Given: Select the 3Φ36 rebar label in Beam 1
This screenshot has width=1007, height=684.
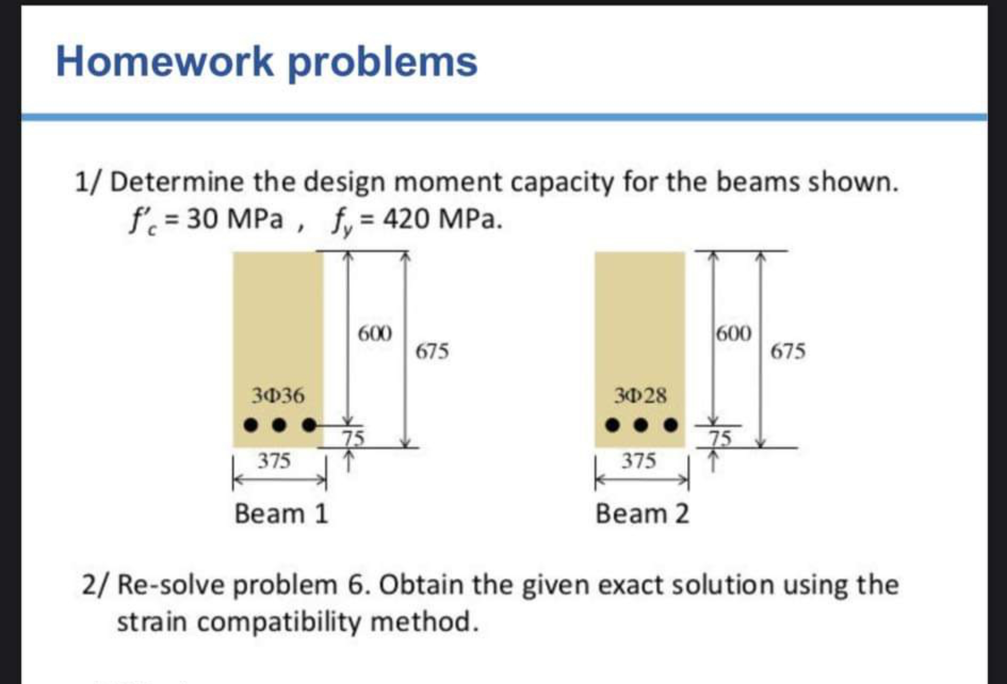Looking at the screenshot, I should click(278, 396).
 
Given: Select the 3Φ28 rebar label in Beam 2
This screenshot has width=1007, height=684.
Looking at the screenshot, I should click(640, 396).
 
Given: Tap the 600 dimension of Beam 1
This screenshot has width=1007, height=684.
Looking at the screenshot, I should click(375, 334).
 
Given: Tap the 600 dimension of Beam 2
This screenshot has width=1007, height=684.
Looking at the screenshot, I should click(733, 334).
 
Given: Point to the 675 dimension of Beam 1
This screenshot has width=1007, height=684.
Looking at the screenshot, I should click(432, 351).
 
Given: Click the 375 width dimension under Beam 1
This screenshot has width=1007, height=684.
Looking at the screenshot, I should click(274, 461).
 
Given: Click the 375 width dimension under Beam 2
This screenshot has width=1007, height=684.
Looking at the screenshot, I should click(639, 461).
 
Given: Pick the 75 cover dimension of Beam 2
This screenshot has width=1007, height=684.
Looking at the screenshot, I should click(721, 438).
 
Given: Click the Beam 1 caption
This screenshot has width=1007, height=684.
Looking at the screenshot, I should click(281, 514).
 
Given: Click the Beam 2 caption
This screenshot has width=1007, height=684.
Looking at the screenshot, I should click(642, 514).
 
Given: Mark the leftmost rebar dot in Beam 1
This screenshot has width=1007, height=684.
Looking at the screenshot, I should click(250, 425).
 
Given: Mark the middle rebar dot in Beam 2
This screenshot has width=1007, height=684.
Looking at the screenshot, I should click(641, 425).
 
